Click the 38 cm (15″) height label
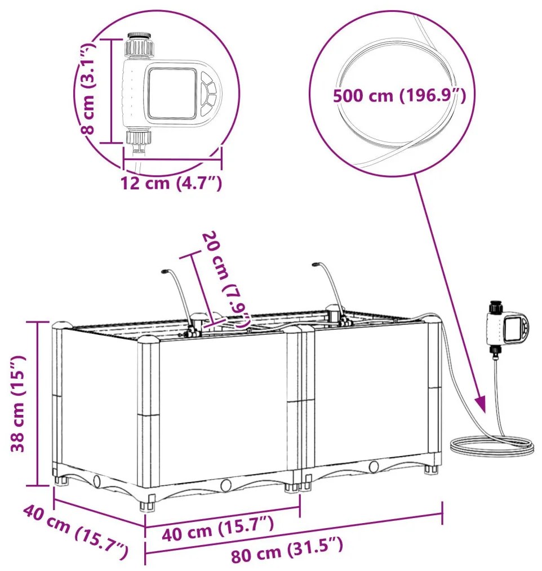tap(19, 403)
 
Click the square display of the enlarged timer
tap(172, 92)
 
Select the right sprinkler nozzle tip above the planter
tap(314, 263)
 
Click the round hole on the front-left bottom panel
tap(226, 485)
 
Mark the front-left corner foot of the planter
tap(148, 503)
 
